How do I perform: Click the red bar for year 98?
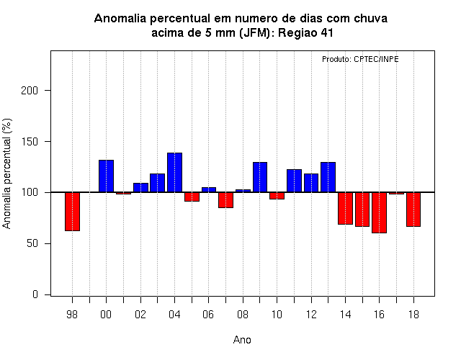point(72,212)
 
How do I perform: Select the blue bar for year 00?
point(106,176)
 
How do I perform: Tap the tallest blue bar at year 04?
point(174,173)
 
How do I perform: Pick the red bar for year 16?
point(380,213)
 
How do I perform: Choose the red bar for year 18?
point(413,210)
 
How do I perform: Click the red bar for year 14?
point(345,208)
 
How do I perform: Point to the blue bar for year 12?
point(311,183)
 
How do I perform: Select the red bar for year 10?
point(277,196)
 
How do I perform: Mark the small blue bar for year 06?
point(209,190)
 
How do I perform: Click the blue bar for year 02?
point(140,188)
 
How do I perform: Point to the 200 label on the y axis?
point(30,91)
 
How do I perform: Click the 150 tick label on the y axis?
point(30,142)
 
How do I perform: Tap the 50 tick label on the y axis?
point(32,243)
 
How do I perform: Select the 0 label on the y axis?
point(35,294)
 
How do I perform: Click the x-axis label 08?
point(243,315)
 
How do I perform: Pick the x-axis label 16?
point(380,315)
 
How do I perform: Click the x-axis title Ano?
point(242,340)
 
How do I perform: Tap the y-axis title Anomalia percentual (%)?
point(6,174)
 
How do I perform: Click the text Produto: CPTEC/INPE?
point(360,59)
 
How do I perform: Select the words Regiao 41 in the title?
point(305,32)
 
